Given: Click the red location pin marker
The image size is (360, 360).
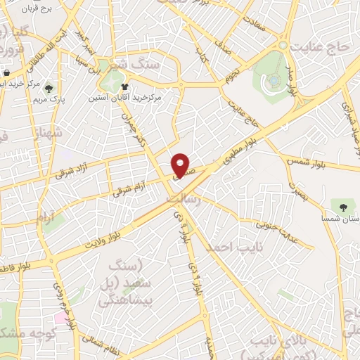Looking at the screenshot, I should (x=181, y=165).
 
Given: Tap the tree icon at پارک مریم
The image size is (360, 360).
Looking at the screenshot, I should (x=49, y=89).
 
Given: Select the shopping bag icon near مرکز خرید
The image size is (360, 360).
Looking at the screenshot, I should (x=6, y=72).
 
